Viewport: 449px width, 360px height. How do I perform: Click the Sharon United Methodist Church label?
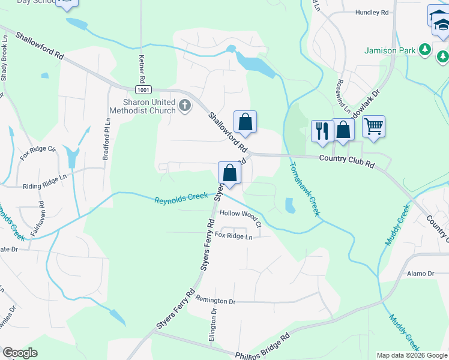pos(142,106)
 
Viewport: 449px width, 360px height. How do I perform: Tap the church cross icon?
pos(185,106)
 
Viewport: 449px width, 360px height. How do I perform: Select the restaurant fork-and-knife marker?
pos(322,130)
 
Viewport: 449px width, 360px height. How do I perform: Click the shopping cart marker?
pos(373,126)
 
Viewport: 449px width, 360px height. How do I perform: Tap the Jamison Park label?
pos(390,50)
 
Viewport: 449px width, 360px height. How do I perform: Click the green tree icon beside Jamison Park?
pos(426,49)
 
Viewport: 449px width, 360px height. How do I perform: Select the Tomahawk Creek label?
pos(304,190)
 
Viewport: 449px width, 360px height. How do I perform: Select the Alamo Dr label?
pos(420,274)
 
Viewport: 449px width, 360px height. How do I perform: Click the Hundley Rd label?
pos(372,12)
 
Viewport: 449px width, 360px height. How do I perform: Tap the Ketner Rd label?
pos(142,69)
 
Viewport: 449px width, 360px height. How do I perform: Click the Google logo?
pos(20,353)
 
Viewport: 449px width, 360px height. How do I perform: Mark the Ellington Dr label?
pos(212,327)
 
